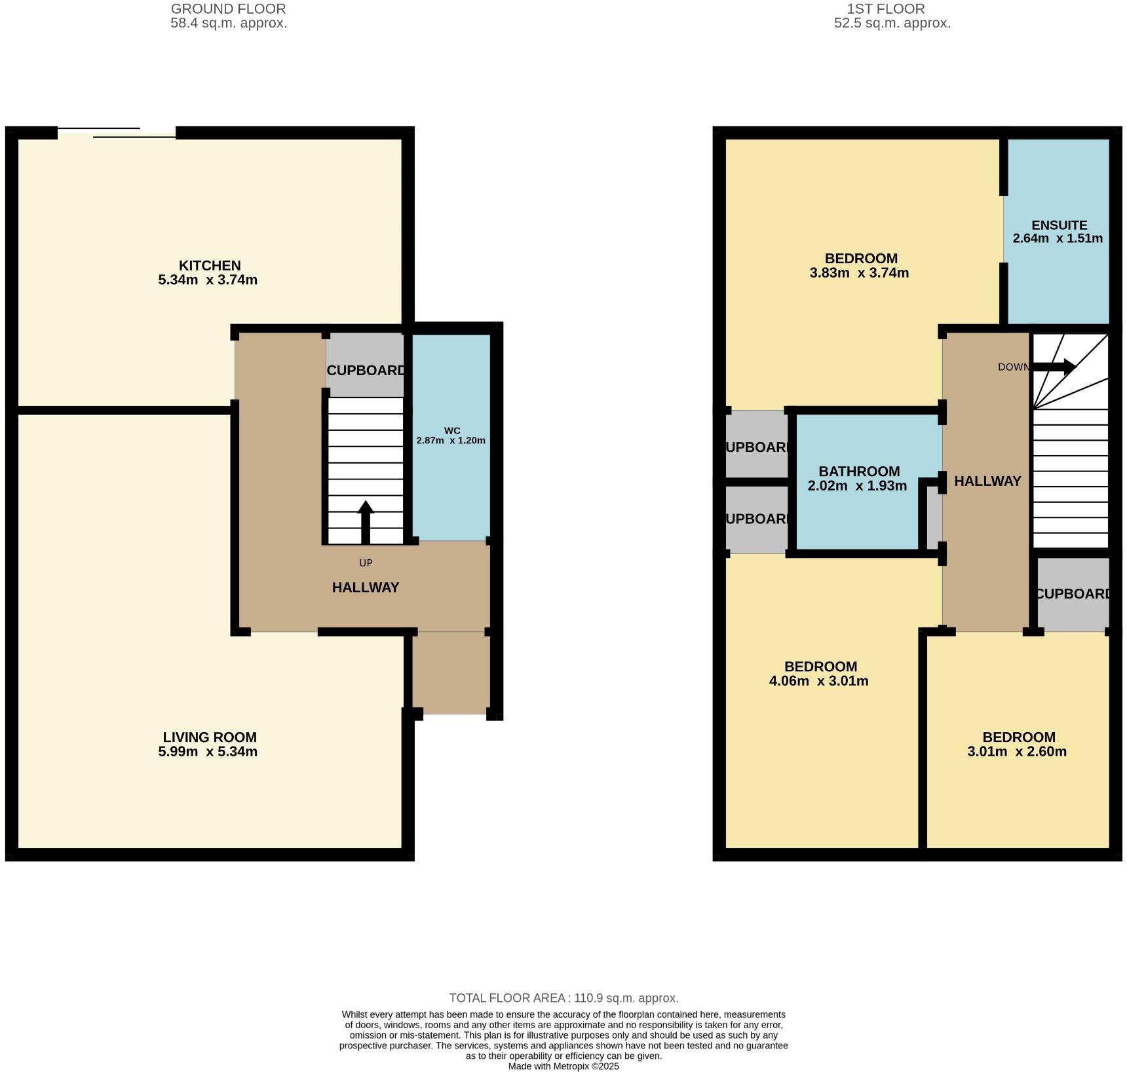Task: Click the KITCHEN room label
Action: click(210, 265)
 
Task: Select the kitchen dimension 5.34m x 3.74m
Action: click(208, 280)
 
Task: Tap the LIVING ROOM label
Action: click(210, 737)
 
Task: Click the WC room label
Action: click(452, 430)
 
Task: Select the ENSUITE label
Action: click(1059, 225)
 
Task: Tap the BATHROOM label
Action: click(859, 471)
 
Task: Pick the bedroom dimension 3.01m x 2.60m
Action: click(1016, 752)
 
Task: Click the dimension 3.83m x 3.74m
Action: click(859, 273)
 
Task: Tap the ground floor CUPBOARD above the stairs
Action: click(366, 370)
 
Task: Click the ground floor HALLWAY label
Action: click(366, 587)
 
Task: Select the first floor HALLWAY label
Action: click(987, 481)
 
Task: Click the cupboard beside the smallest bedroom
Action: click(1073, 594)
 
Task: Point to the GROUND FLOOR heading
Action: click(228, 9)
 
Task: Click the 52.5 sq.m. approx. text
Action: click(892, 24)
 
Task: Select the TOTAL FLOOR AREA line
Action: click(563, 998)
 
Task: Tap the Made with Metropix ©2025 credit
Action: click(563, 1066)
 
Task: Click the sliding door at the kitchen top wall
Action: click(117, 133)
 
